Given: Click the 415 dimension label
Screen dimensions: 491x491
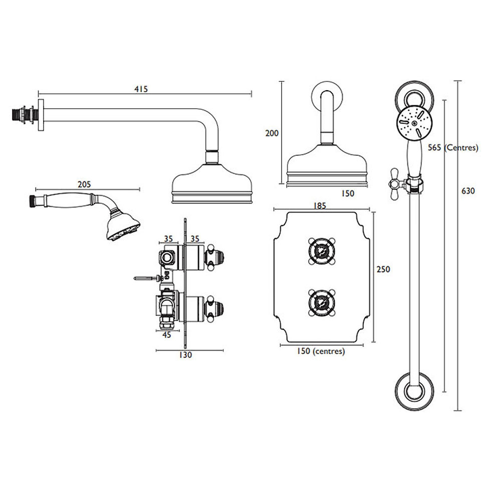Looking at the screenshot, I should pos(141,89).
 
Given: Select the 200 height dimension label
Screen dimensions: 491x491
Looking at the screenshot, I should pos(272,133).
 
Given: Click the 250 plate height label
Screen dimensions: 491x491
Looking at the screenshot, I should pos(383,269).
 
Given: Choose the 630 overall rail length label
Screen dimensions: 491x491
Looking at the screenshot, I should pos(468,190).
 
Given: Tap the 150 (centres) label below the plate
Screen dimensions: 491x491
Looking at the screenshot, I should pos(321,351).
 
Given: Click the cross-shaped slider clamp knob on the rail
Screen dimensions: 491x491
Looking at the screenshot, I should pos(398,183).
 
